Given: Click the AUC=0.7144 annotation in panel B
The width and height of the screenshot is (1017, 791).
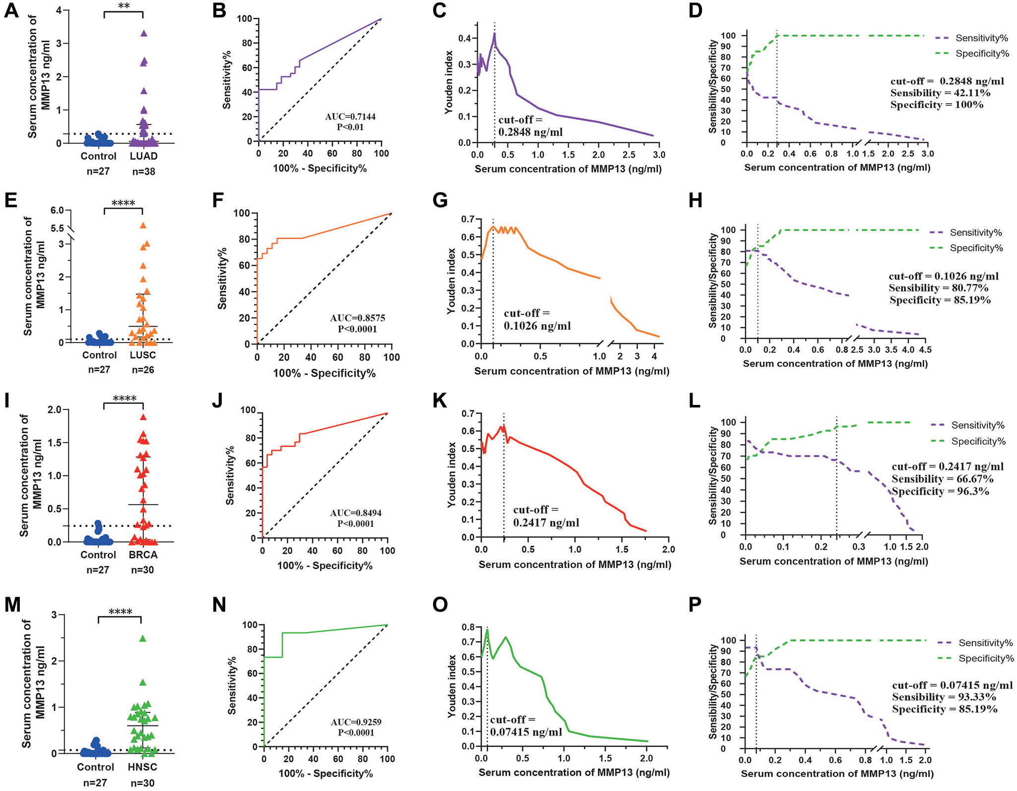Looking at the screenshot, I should pos(350,116).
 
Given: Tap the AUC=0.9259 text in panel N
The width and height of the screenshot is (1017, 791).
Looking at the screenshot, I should pos(356,722).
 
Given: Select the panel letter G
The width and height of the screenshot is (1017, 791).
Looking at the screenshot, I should pos(440,200).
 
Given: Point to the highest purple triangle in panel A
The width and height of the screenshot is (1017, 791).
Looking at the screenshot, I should pos(144,33).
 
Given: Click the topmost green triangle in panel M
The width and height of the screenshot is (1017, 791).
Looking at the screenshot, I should pos(143,638).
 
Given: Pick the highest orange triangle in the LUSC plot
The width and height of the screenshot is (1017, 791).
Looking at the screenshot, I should pos(143,226).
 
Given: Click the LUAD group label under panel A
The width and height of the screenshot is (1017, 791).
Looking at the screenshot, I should pos(144,156).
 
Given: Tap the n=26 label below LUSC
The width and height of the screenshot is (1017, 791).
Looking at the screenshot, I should pos(143,370).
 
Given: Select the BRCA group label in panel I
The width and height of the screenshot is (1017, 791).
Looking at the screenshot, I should pos(143,555).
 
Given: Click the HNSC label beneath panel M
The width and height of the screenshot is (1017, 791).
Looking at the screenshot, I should pos(142,767).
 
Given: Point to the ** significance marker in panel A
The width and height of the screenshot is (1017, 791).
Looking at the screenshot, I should pos(124,6).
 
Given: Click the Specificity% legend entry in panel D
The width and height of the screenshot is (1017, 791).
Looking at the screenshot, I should pos(982,54).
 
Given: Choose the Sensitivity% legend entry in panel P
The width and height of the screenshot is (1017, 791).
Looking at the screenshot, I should pos(985,643).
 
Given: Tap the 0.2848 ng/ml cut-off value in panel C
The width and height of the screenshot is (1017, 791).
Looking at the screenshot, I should pos(530,132).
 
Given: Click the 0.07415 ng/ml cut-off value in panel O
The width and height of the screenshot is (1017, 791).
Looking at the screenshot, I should pos(526,732).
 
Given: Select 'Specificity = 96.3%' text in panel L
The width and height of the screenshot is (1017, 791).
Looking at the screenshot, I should pos(940,491).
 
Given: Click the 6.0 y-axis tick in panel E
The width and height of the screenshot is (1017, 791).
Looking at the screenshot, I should pos(57,210).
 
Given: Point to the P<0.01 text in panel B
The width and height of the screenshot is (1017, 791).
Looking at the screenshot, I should pos(350,127).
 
